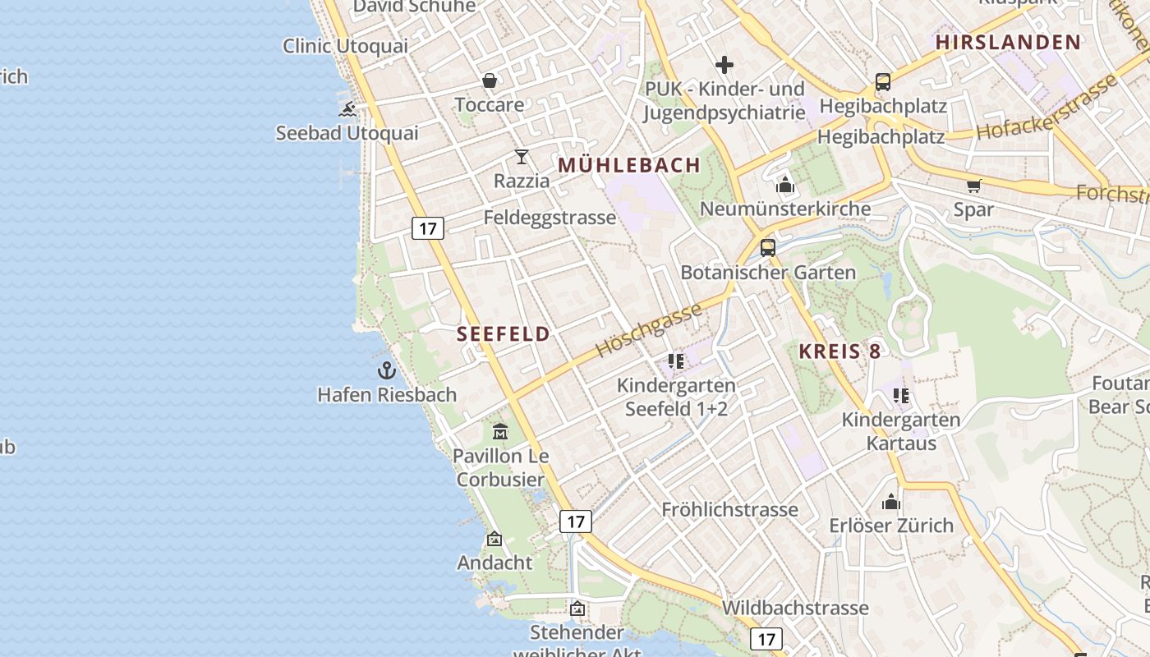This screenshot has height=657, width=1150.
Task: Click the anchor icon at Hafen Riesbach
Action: point(387,370)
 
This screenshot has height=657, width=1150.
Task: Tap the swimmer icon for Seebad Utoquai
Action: point(347,109)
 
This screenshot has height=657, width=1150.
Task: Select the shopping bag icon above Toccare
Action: point(490,80)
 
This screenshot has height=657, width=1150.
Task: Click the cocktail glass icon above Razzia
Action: point(522,156)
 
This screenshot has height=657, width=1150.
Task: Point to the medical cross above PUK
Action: point(724,64)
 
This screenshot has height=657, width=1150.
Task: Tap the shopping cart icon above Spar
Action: point(974,186)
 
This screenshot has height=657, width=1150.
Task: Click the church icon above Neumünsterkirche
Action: point(785,185)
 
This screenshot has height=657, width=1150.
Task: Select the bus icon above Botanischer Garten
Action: point(768,247)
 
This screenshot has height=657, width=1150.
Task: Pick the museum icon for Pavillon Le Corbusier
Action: point(500,431)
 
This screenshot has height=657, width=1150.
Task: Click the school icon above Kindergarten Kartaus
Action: point(901,396)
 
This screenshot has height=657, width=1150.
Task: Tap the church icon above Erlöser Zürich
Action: point(891,501)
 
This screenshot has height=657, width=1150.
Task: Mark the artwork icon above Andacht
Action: point(494,539)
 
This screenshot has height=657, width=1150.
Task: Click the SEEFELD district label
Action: point(504,333)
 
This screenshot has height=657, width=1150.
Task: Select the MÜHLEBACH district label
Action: point(629,165)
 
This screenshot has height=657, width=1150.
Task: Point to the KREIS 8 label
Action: point(839,351)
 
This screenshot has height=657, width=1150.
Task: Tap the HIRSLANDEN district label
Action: point(1008,43)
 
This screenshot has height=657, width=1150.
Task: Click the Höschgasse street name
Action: point(649,329)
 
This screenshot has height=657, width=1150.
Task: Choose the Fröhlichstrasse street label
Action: point(729,509)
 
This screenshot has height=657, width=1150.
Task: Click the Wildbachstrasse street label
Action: point(795,608)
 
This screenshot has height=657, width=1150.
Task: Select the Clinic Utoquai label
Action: point(345,46)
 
